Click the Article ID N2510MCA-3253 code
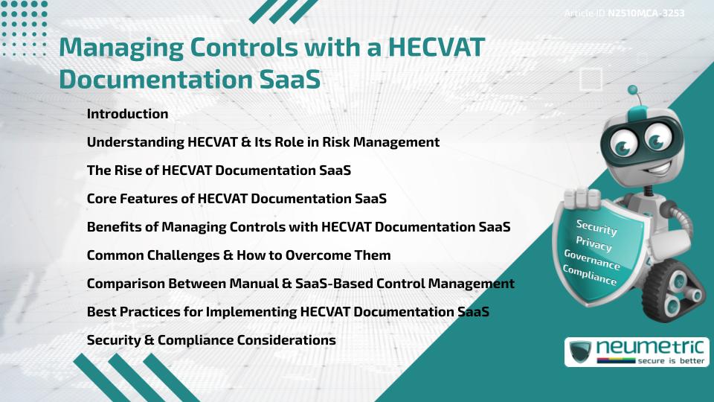pos(646,13)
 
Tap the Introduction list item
pos(127,114)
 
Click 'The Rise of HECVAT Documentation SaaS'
pos(219,170)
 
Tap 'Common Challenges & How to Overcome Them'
pos(238,255)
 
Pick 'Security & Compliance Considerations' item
pos(211,340)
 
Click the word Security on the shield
pos(596,228)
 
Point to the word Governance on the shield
pos(592,260)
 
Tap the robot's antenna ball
pos(633,90)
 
